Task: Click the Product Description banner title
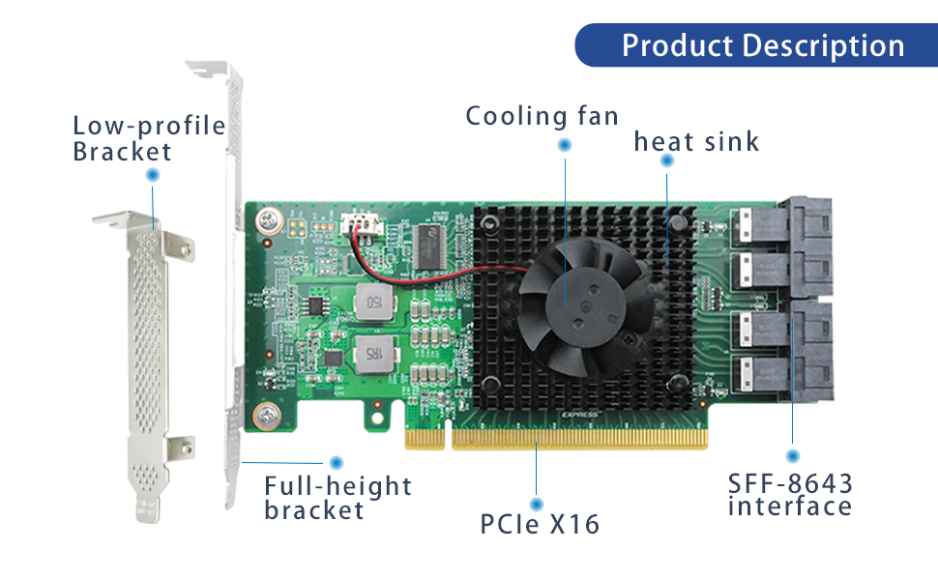pyautogui.click(x=763, y=45)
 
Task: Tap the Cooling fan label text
pyautogui.click(x=542, y=116)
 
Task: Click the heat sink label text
pyautogui.click(x=696, y=142)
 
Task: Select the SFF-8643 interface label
pyautogui.click(x=790, y=494)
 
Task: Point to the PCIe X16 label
pyautogui.click(x=540, y=524)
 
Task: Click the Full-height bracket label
pyautogui.click(x=337, y=498)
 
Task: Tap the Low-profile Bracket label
pyautogui.click(x=148, y=138)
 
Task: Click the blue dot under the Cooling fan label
pyautogui.click(x=565, y=145)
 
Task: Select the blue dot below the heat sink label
pyautogui.click(x=667, y=163)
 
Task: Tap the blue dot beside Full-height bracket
pyautogui.click(x=337, y=462)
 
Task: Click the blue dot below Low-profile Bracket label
pyautogui.click(x=152, y=176)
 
